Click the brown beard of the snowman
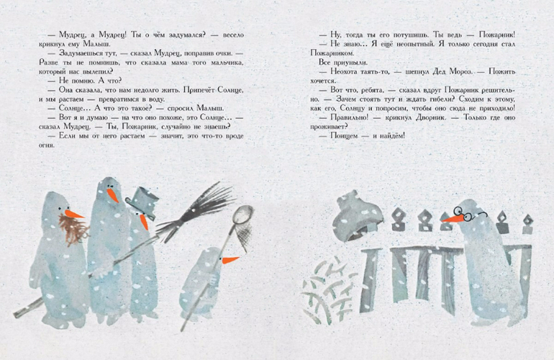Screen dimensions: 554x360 click(73, 230)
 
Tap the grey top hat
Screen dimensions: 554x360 click(143, 202)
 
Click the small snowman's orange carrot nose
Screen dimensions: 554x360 click(230, 260)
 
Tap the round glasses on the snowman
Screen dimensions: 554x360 click(467, 214)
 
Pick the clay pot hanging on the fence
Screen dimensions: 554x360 click(358, 216)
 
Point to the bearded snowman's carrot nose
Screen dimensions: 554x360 click(73, 214)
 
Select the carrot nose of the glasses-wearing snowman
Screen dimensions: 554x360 click(453, 219)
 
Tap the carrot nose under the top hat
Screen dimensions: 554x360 click(144, 222)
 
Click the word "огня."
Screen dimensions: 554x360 click(47, 145)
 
